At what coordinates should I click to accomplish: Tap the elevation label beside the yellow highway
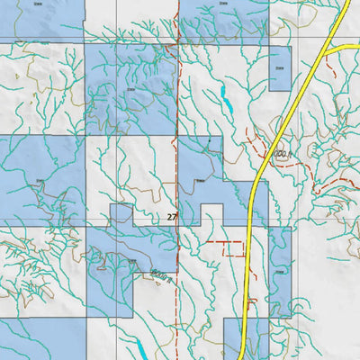point(280,156)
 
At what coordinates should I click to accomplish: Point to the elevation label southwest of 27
point(161,274)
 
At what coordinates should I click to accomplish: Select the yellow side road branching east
point(344,46)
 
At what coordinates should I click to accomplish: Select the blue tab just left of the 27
point(121,214)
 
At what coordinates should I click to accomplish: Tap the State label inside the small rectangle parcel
point(278,66)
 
